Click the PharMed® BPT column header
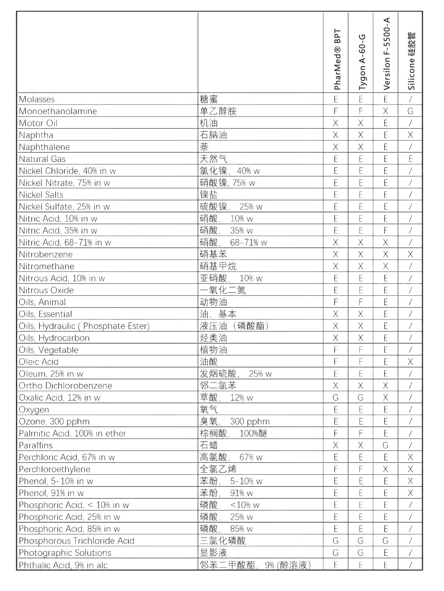pyautogui.click(x=337, y=59)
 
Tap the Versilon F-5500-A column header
pyautogui.click(x=386, y=54)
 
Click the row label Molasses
pyautogui.click(x=37, y=99)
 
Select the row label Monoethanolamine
pyautogui.click(x=58, y=111)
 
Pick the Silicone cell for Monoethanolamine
pyautogui.click(x=410, y=111)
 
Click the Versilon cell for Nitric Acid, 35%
pyautogui.click(x=385, y=230)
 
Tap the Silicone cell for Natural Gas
pyautogui.click(x=410, y=159)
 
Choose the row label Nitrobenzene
pyautogui.click(x=46, y=255)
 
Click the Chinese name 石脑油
pyautogui.click(x=213, y=135)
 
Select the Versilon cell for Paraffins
pyautogui.click(x=385, y=446)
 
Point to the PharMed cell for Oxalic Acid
pyautogui.click(x=336, y=398)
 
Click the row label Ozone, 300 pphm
pyautogui.click(x=54, y=421)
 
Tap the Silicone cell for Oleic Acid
pyautogui.click(x=410, y=362)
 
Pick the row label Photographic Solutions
pyautogui.click(x=65, y=553)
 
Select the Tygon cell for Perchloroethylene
pyautogui.click(x=360, y=469)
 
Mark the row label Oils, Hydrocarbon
pyautogui.click(x=54, y=338)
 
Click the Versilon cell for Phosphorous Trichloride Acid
pyautogui.click(x=385, y=541)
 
